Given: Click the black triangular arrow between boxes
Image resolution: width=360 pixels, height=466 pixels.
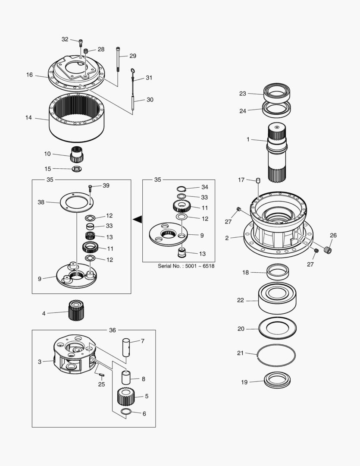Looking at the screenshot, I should [x=138, y=220].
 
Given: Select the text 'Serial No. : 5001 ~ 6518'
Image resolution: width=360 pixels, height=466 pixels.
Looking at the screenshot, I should [x=186, y=266].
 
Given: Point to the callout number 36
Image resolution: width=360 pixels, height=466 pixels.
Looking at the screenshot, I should [x=112, y=330].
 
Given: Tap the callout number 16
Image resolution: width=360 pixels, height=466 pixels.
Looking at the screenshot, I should [x=29, y=75].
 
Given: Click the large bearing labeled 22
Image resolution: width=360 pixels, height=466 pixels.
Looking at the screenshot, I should [x=277, y=298].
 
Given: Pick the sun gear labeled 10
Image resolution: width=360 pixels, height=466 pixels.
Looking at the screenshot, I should [x=77, y=154].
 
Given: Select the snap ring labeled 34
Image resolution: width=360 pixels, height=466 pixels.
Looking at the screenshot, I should [x=182, y=188].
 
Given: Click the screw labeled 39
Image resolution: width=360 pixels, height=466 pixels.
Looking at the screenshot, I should [x=91, y=187].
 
